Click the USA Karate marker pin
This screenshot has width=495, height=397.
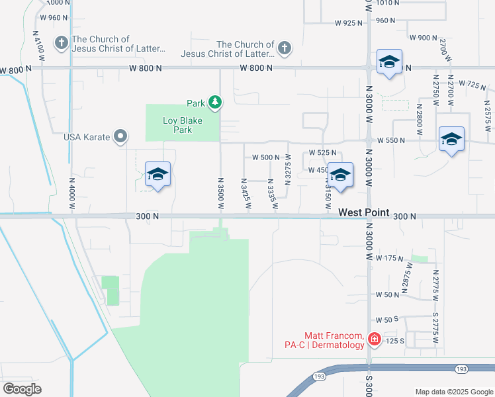coord(120,137)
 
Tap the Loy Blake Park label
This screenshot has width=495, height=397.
coord(182,125)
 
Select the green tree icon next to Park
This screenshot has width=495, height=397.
coord(215,102)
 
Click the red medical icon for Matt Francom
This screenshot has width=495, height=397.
coord(374,339)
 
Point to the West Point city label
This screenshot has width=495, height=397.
coord(362,213)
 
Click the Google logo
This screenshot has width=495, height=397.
coord(22,389)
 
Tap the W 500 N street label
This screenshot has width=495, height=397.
coord(266,157)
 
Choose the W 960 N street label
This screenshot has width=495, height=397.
coord(54,18)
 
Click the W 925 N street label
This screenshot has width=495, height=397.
coord(349,23)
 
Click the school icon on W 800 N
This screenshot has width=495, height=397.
coord(389,62)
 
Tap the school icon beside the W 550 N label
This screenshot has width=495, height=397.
coord(451,139)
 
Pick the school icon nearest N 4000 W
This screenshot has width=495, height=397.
coord(157,174)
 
